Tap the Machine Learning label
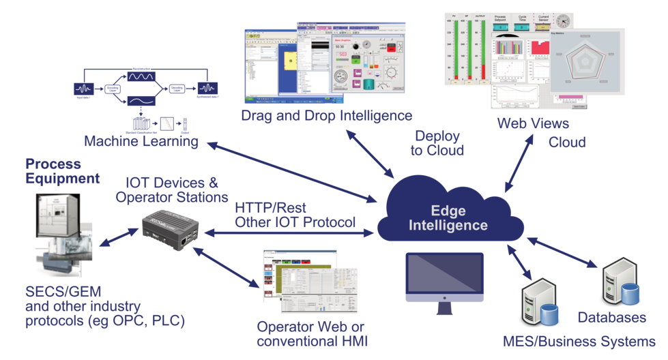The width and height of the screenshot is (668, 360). click(141, 141)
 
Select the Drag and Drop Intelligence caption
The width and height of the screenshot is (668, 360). click(326, 115)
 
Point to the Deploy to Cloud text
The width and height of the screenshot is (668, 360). click(437, 142)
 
